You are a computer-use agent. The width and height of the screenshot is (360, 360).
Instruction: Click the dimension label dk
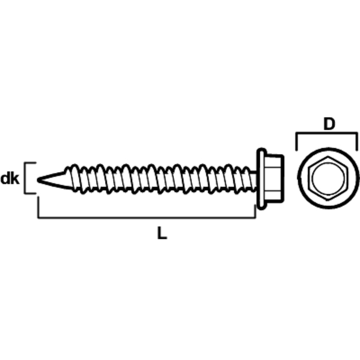click(10, 179)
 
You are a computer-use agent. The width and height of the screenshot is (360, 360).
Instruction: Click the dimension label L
click(162, 233)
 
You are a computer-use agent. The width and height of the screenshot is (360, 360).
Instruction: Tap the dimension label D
click(329, 124)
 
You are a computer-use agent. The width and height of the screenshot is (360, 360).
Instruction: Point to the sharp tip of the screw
click(38, 180)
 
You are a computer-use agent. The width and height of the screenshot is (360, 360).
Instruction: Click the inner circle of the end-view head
click(328, 178)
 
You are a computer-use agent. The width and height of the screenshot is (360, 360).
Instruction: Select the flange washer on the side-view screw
click(262, 179)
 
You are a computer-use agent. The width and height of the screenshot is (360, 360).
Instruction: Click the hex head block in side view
click(274, 179)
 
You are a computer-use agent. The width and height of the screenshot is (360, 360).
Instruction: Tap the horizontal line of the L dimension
click(147, 217)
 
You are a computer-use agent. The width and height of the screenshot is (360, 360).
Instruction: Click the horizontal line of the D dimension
click(327, 133)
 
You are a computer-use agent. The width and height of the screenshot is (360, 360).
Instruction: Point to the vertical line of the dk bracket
click(25, 178)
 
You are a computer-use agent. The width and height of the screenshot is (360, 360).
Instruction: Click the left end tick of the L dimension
click(38, 206)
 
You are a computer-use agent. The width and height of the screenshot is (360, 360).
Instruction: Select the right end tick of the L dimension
click(255, 211)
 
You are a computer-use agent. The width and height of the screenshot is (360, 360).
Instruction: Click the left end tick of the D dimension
click(296, 142)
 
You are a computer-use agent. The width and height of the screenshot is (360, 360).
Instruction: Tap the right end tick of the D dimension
click(357, 142)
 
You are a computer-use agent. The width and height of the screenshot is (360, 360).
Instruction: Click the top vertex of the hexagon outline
click(328, 157)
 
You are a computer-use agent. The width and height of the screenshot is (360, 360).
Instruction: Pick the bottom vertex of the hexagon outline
click(328, 200)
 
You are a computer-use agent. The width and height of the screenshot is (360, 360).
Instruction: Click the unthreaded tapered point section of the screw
click(53, 180)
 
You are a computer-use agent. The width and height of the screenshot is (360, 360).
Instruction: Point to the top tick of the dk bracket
click(31, 163)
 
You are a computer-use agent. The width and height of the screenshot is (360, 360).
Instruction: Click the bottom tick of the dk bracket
click(31, 193)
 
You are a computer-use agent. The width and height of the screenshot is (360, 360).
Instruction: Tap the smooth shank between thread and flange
click(253, 180)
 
